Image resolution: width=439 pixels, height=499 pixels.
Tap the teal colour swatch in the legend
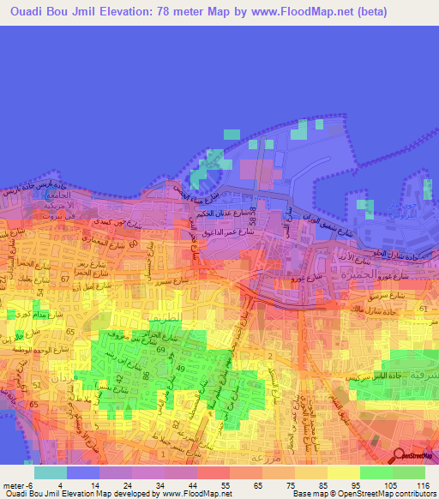pos(51,472)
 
